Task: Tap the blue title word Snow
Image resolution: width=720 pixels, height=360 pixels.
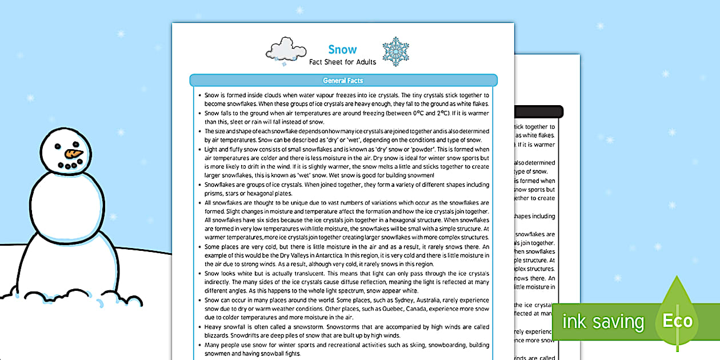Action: tap(343, 50)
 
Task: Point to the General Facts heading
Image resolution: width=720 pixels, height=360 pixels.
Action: tap(343, 81)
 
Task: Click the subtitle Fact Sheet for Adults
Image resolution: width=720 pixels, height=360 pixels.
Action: tap(343, 62)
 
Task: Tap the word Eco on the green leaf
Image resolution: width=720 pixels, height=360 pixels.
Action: tap(678, 321)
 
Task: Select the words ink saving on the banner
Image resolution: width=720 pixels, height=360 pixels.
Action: tap(602, 322)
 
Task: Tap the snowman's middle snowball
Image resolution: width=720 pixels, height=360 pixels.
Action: tap(67, 200)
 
